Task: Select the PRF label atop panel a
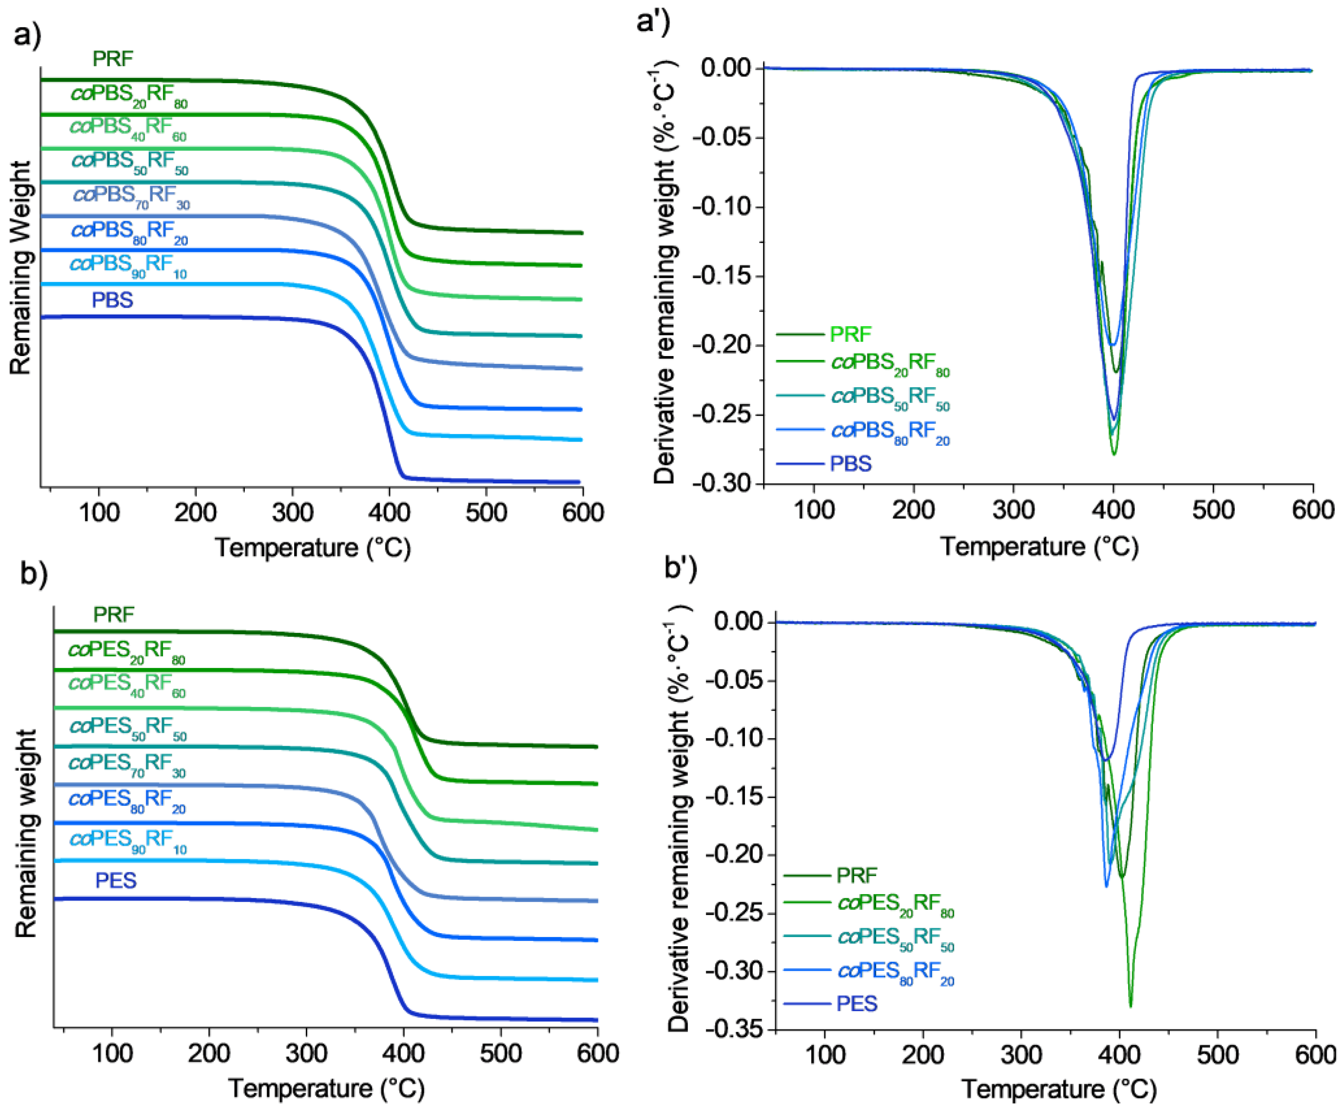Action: coord(112,59)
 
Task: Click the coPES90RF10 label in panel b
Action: coord(128,839)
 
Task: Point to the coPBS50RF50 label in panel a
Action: coord(130,162)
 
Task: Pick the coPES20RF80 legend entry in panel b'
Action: coord(895,904)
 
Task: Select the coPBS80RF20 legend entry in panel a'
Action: coord(889,431)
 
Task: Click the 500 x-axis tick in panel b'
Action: coord(1217,1055)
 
